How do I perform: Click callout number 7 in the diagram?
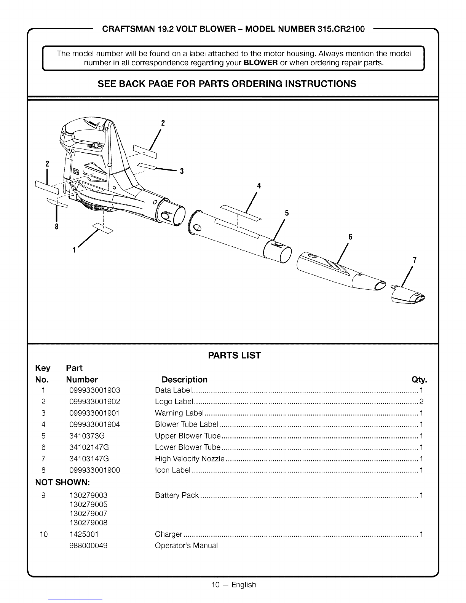coord(415,260)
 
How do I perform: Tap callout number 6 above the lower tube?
coord(350,237)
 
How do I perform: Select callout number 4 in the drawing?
coord(259,186)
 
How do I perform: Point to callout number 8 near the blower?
coord(57,227)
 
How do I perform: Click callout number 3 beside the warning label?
coord(182,171)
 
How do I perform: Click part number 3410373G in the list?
coord(87,436)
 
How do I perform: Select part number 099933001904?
coord(95,424)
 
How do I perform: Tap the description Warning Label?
coord(179,413)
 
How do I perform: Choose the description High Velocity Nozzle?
coord(190,459)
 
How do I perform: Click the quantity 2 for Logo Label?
coord(421,402)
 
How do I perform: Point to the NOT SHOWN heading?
coord(62,483)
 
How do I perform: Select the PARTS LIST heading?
coord(235,356)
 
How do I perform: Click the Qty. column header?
coord(419,380)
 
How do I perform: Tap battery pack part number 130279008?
coord(88,523)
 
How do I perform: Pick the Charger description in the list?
coord(169,534)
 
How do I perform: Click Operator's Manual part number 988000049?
coord(88,546)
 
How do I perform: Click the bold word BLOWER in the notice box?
coord(260,63)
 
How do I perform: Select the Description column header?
coord(185,380)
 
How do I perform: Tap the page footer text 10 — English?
coord(234,585)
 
